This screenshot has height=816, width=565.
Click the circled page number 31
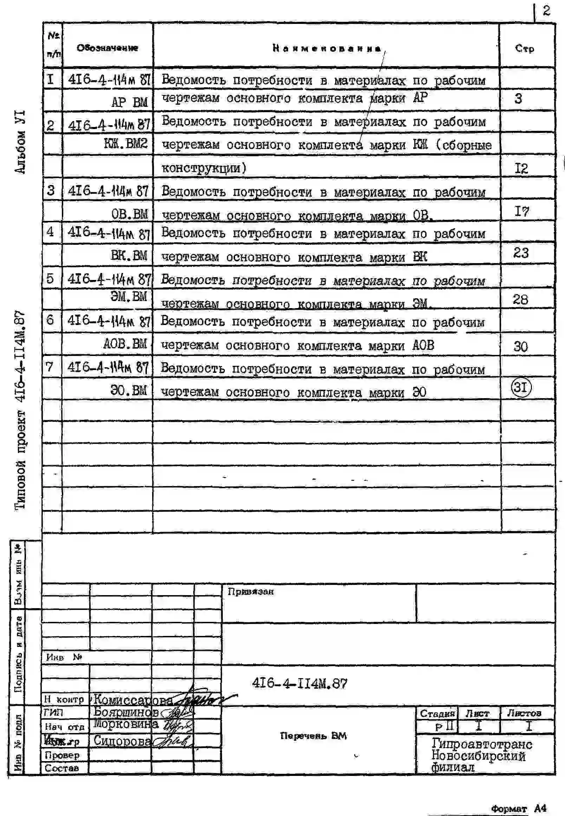click(x=521, y=387)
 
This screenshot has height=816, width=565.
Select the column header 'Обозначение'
click(x=107, y=48)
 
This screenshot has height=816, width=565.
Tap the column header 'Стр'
click(x=525, y=48)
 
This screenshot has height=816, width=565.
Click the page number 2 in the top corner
click(x=547, y=11)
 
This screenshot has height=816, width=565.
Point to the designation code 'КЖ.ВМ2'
click(x=126, y=144)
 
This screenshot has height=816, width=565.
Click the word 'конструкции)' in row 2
click(x=204, y=167)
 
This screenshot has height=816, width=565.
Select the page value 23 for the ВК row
click(x=521, y=253)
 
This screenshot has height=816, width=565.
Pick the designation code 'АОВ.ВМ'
click(x=125, y=344)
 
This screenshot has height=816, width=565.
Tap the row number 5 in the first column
click(x=50, y=279)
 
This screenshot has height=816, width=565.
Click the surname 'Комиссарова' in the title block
click(x=133, y=700)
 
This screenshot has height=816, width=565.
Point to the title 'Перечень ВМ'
click(x=313, y=735)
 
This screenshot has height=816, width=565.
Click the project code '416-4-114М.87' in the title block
click(x=299, y=683)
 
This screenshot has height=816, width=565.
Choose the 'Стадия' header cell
click(x=437, y=713)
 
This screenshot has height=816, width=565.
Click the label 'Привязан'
click(x=251, y=592)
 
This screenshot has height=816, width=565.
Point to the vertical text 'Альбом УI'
click(x=20, y=142)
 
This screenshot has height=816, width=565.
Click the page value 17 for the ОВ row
click(x=521, y=212)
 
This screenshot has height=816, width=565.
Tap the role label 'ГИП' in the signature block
click(x=53, y=712)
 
